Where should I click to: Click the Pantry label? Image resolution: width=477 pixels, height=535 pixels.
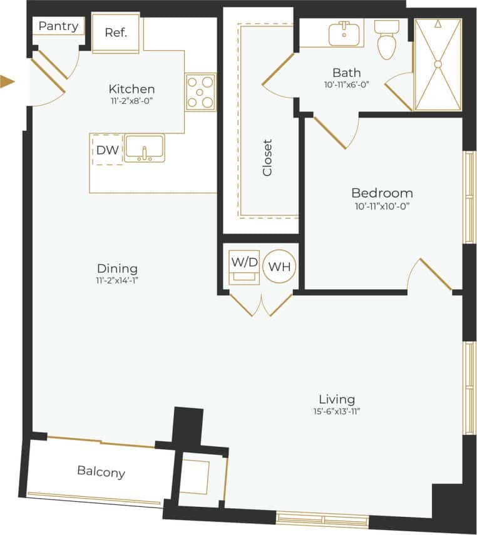pos(58,26)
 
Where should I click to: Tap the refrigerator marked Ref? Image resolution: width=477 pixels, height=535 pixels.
pos(116,33)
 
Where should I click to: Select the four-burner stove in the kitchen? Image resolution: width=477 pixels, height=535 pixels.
pos(200,92)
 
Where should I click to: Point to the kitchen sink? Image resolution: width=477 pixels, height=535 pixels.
pos(144,148)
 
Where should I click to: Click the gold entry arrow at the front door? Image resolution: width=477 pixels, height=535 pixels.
pos(7,81)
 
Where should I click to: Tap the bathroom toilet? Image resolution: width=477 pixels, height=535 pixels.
pos(386,39)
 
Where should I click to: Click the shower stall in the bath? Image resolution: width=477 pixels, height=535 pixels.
pos(438,64)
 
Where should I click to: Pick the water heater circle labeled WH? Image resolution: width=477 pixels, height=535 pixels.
pos(279,267)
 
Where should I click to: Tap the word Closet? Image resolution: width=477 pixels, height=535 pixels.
pos(268,157)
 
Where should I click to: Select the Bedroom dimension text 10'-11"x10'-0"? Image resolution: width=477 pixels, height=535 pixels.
pos(382,205)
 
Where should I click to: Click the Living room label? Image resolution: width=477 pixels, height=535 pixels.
pos(337,399)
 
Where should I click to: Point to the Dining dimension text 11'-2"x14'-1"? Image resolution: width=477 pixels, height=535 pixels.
pos(113,280)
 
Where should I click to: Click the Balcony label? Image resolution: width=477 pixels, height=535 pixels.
pos(101,472)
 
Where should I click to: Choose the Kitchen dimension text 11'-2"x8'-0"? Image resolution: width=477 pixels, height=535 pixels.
pos(131,100)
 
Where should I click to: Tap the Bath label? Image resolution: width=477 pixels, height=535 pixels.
pos(346,72)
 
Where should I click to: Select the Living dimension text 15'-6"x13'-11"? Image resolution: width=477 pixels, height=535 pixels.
pos(337,411)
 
